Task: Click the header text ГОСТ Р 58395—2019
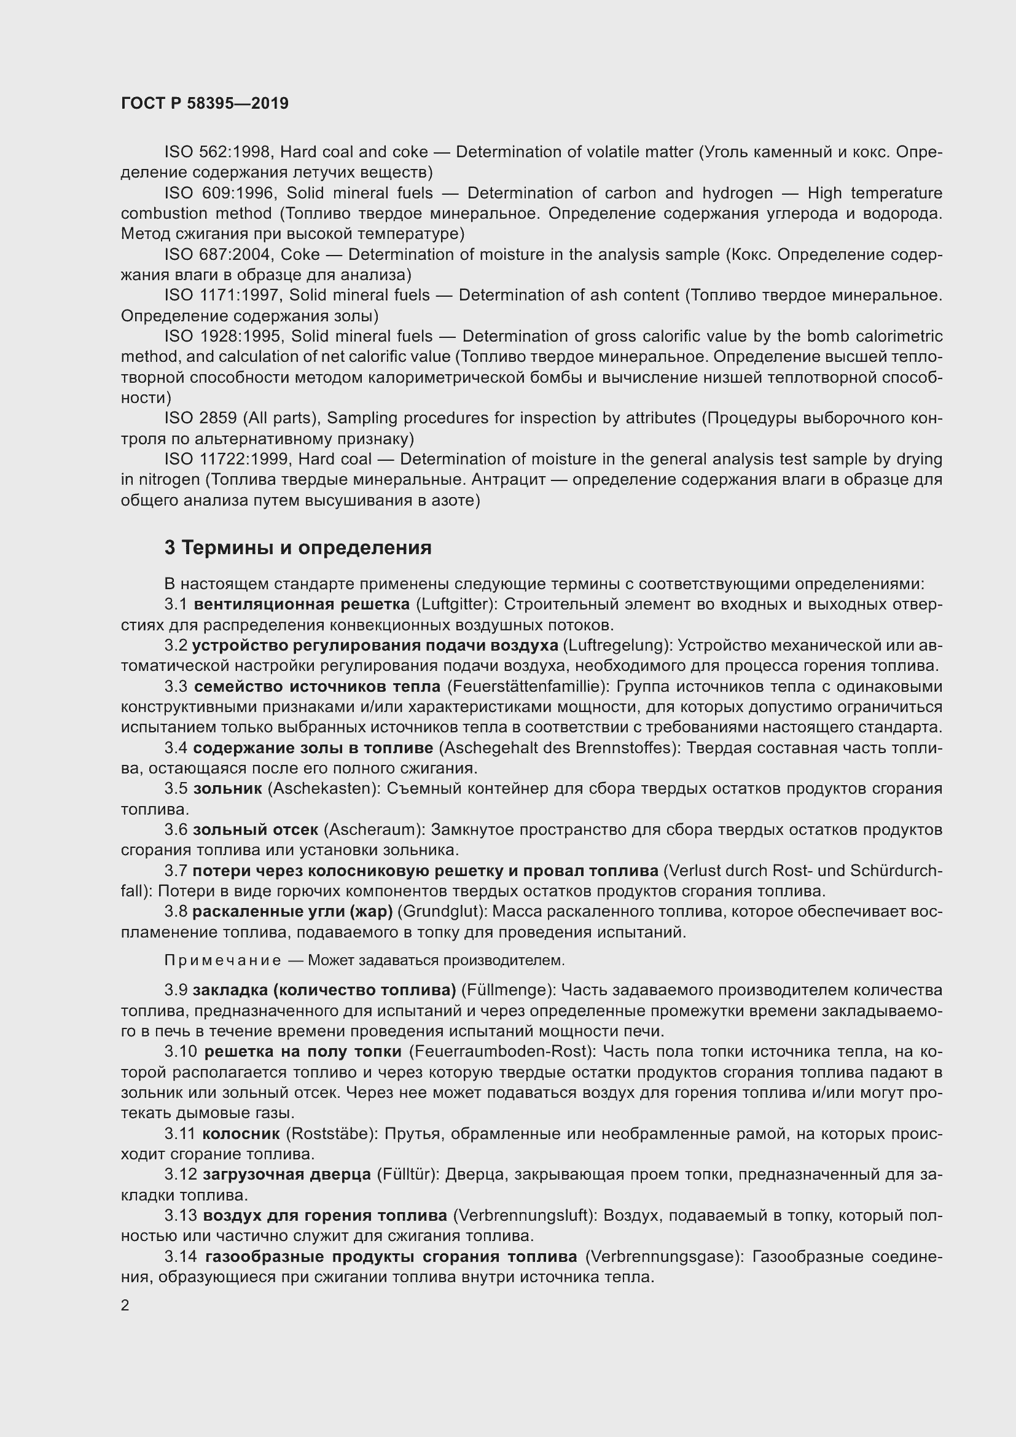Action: pos(205,103)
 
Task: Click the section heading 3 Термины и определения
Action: pos(298,547)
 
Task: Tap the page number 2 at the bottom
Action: pos(125,1306)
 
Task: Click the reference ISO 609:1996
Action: pos(218,193)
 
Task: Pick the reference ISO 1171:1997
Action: pos(222,296)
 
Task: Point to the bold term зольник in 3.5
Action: pos(228,789)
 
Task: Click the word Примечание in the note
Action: pos(223,960)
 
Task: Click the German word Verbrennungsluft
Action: pos(523,1215)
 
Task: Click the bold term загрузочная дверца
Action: pos(286,1175)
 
